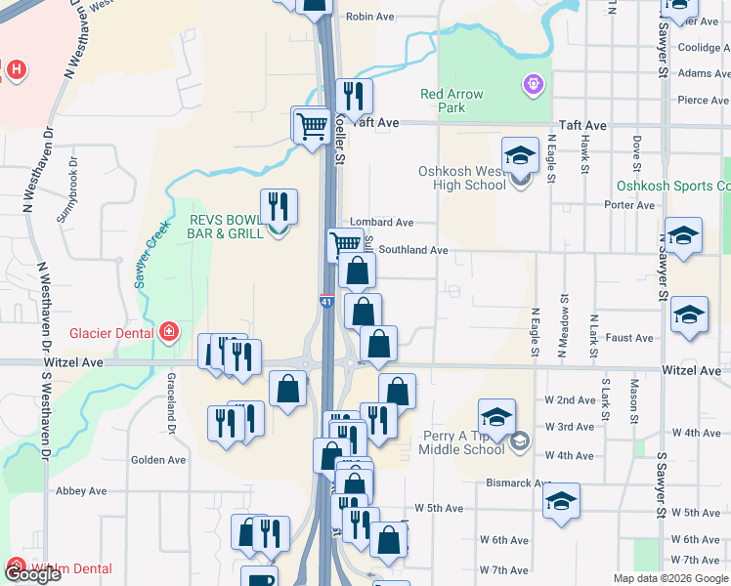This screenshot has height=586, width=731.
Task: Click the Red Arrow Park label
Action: pyautogui.click(x=451, y=101)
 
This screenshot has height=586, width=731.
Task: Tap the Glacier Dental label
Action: pyautogui.click(x=110, y=333)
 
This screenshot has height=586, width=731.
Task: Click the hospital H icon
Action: pyautogui.click(x=16, y=69)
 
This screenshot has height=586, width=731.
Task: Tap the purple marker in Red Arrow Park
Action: pyautogui.click(x=532, y=85)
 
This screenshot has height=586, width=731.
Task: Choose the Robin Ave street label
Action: pyautogui.click(x=369, y=17)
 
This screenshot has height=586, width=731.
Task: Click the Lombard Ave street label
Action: pyautogui.click(x=388, y=224)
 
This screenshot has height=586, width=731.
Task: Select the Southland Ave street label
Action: pyautogui.click(x=412, y=251)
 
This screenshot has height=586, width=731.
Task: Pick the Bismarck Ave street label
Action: pyautogui.click(x=524, y=482)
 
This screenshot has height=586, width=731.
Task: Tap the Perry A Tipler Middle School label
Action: pyautogui.click(x=462, y=442)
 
